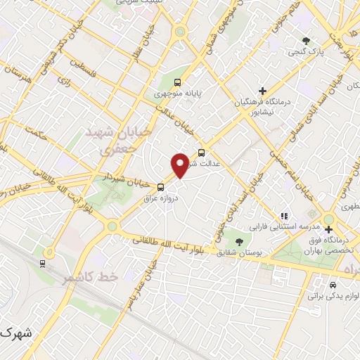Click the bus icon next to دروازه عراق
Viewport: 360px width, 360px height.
click(162, 187)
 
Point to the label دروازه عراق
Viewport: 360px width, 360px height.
click(162, 198)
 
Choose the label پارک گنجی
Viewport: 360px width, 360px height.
click(305, 51)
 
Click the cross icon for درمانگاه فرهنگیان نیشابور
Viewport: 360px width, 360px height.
click(262, 91)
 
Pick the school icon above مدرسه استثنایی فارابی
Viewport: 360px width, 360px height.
click(284, 216)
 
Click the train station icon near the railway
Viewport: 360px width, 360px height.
click(44, 264)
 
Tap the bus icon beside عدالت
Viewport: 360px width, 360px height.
click(202, 152)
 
